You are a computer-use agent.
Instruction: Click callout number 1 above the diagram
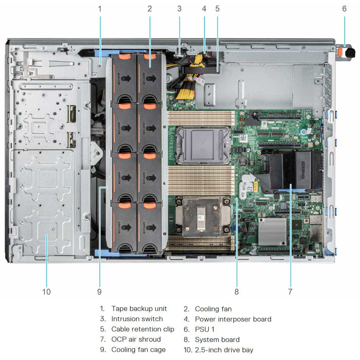tap(100, 8)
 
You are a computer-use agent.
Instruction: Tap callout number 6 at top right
tap(345, 8)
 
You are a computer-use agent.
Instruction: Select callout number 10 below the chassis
tap(46, 292)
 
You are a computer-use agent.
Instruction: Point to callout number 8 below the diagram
tap(236, 292)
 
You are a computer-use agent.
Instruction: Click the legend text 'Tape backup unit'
tap(139, 309)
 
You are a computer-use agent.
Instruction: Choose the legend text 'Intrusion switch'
tap(137, 319)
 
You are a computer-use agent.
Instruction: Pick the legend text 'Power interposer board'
tap(233, 319)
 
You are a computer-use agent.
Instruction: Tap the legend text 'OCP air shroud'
tap(136, 339)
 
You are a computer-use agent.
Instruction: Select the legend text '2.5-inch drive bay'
tap(224, 350)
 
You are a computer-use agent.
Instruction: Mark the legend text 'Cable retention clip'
tap(143, 329)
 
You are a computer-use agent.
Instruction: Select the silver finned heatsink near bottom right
tap(272, 231)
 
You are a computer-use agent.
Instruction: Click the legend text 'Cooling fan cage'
tap(139, 350)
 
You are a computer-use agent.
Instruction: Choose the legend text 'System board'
tap(217, 339)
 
